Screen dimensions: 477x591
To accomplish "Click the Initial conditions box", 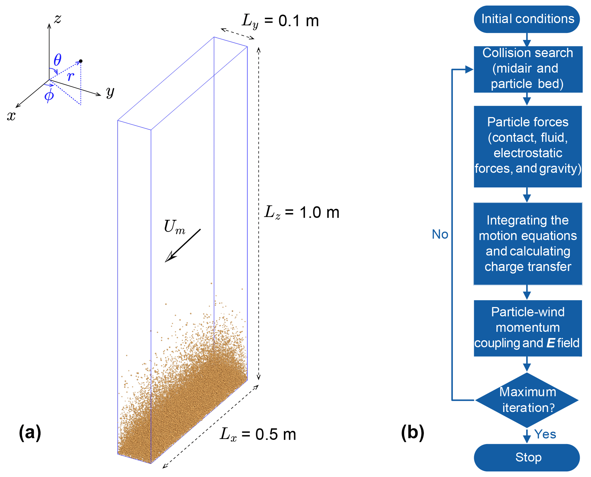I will coord(527,19).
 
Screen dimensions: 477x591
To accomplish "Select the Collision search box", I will coord(528,69).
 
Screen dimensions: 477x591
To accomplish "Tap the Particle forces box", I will coord(528,146).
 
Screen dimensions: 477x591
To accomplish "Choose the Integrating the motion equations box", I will coord(528,243).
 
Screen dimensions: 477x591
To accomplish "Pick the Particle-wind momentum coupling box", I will coord(528,328).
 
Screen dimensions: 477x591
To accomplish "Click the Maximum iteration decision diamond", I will coord(527,400).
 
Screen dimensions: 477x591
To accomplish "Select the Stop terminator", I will coord(527,457).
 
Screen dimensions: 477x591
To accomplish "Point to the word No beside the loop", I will coord(440,234).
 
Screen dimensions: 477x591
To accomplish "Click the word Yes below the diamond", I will coord(545,434).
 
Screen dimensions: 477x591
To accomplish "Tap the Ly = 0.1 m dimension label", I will coord(280,21).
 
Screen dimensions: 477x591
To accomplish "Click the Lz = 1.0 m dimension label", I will coord(301,212).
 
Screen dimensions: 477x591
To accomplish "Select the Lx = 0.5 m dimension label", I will coord(258,434).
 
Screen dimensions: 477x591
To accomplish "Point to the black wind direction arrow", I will coord(183,245).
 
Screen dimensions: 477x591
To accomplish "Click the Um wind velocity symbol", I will coord(174,227).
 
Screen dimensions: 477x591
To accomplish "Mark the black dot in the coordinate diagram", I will coord(81,61).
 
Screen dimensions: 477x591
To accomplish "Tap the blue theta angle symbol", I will coord(57,60).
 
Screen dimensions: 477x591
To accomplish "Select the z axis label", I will coord(58,19).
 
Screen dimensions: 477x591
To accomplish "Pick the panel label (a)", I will coord(30,432).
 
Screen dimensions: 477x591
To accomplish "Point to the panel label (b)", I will coord(412,432).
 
